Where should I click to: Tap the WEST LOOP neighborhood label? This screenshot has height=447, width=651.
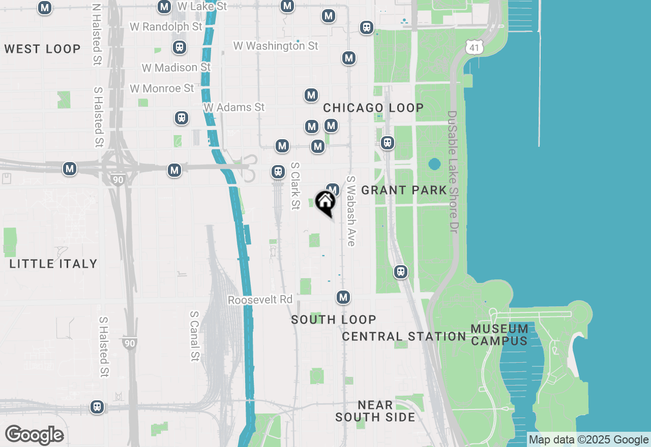pyautogui.click(x=43, y=49)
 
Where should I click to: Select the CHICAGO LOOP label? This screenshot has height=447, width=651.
pyautogui.click(x=373, y=108)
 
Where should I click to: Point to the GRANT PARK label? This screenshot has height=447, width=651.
pyautogui.click(x=404, y=190)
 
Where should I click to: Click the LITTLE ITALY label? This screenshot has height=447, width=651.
pyautogui.click(x=53, y=264)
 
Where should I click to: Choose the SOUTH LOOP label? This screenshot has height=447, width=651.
pyautogui.click(x=334, y=320)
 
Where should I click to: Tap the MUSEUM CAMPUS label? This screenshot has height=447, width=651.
pyautogui.click(x=499, y=335)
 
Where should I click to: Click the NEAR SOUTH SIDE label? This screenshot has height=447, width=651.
pyautogui.click(x=375, y=411)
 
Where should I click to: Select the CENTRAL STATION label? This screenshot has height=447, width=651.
pyautogui.click(x=404, y=336)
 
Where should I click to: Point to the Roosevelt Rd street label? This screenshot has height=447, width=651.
pyautogui.click(x=260, y=300)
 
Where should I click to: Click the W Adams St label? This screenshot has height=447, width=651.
pyautogui.click(x=234, y=108)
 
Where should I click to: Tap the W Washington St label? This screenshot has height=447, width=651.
pyautogui.click(x=276, y=46)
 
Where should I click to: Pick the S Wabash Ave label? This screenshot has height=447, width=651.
pyautogui.click(x=350, y=211)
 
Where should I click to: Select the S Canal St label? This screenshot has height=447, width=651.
pyautogui.click(x=194, y=336)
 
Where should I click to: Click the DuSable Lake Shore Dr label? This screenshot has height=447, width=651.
pyautogui.click(x=453, y=172)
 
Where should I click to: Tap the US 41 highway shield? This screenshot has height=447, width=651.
pyautogui.click(x=474, y=47)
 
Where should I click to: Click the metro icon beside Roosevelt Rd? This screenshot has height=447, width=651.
pyautogui.click(x=343, y=297)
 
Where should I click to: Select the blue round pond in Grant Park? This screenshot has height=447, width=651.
pyautogui.click(x=434, y=164)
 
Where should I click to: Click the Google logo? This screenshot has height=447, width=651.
pyautogui.click(x=34, y=435)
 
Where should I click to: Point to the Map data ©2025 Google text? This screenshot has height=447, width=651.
pyautogui.click(x=589, y=440)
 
